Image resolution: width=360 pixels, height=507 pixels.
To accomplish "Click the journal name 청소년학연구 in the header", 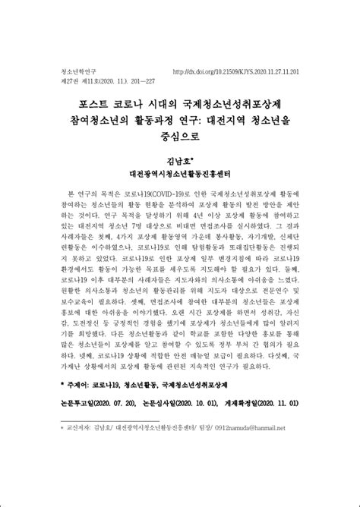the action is tap(75, 72).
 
